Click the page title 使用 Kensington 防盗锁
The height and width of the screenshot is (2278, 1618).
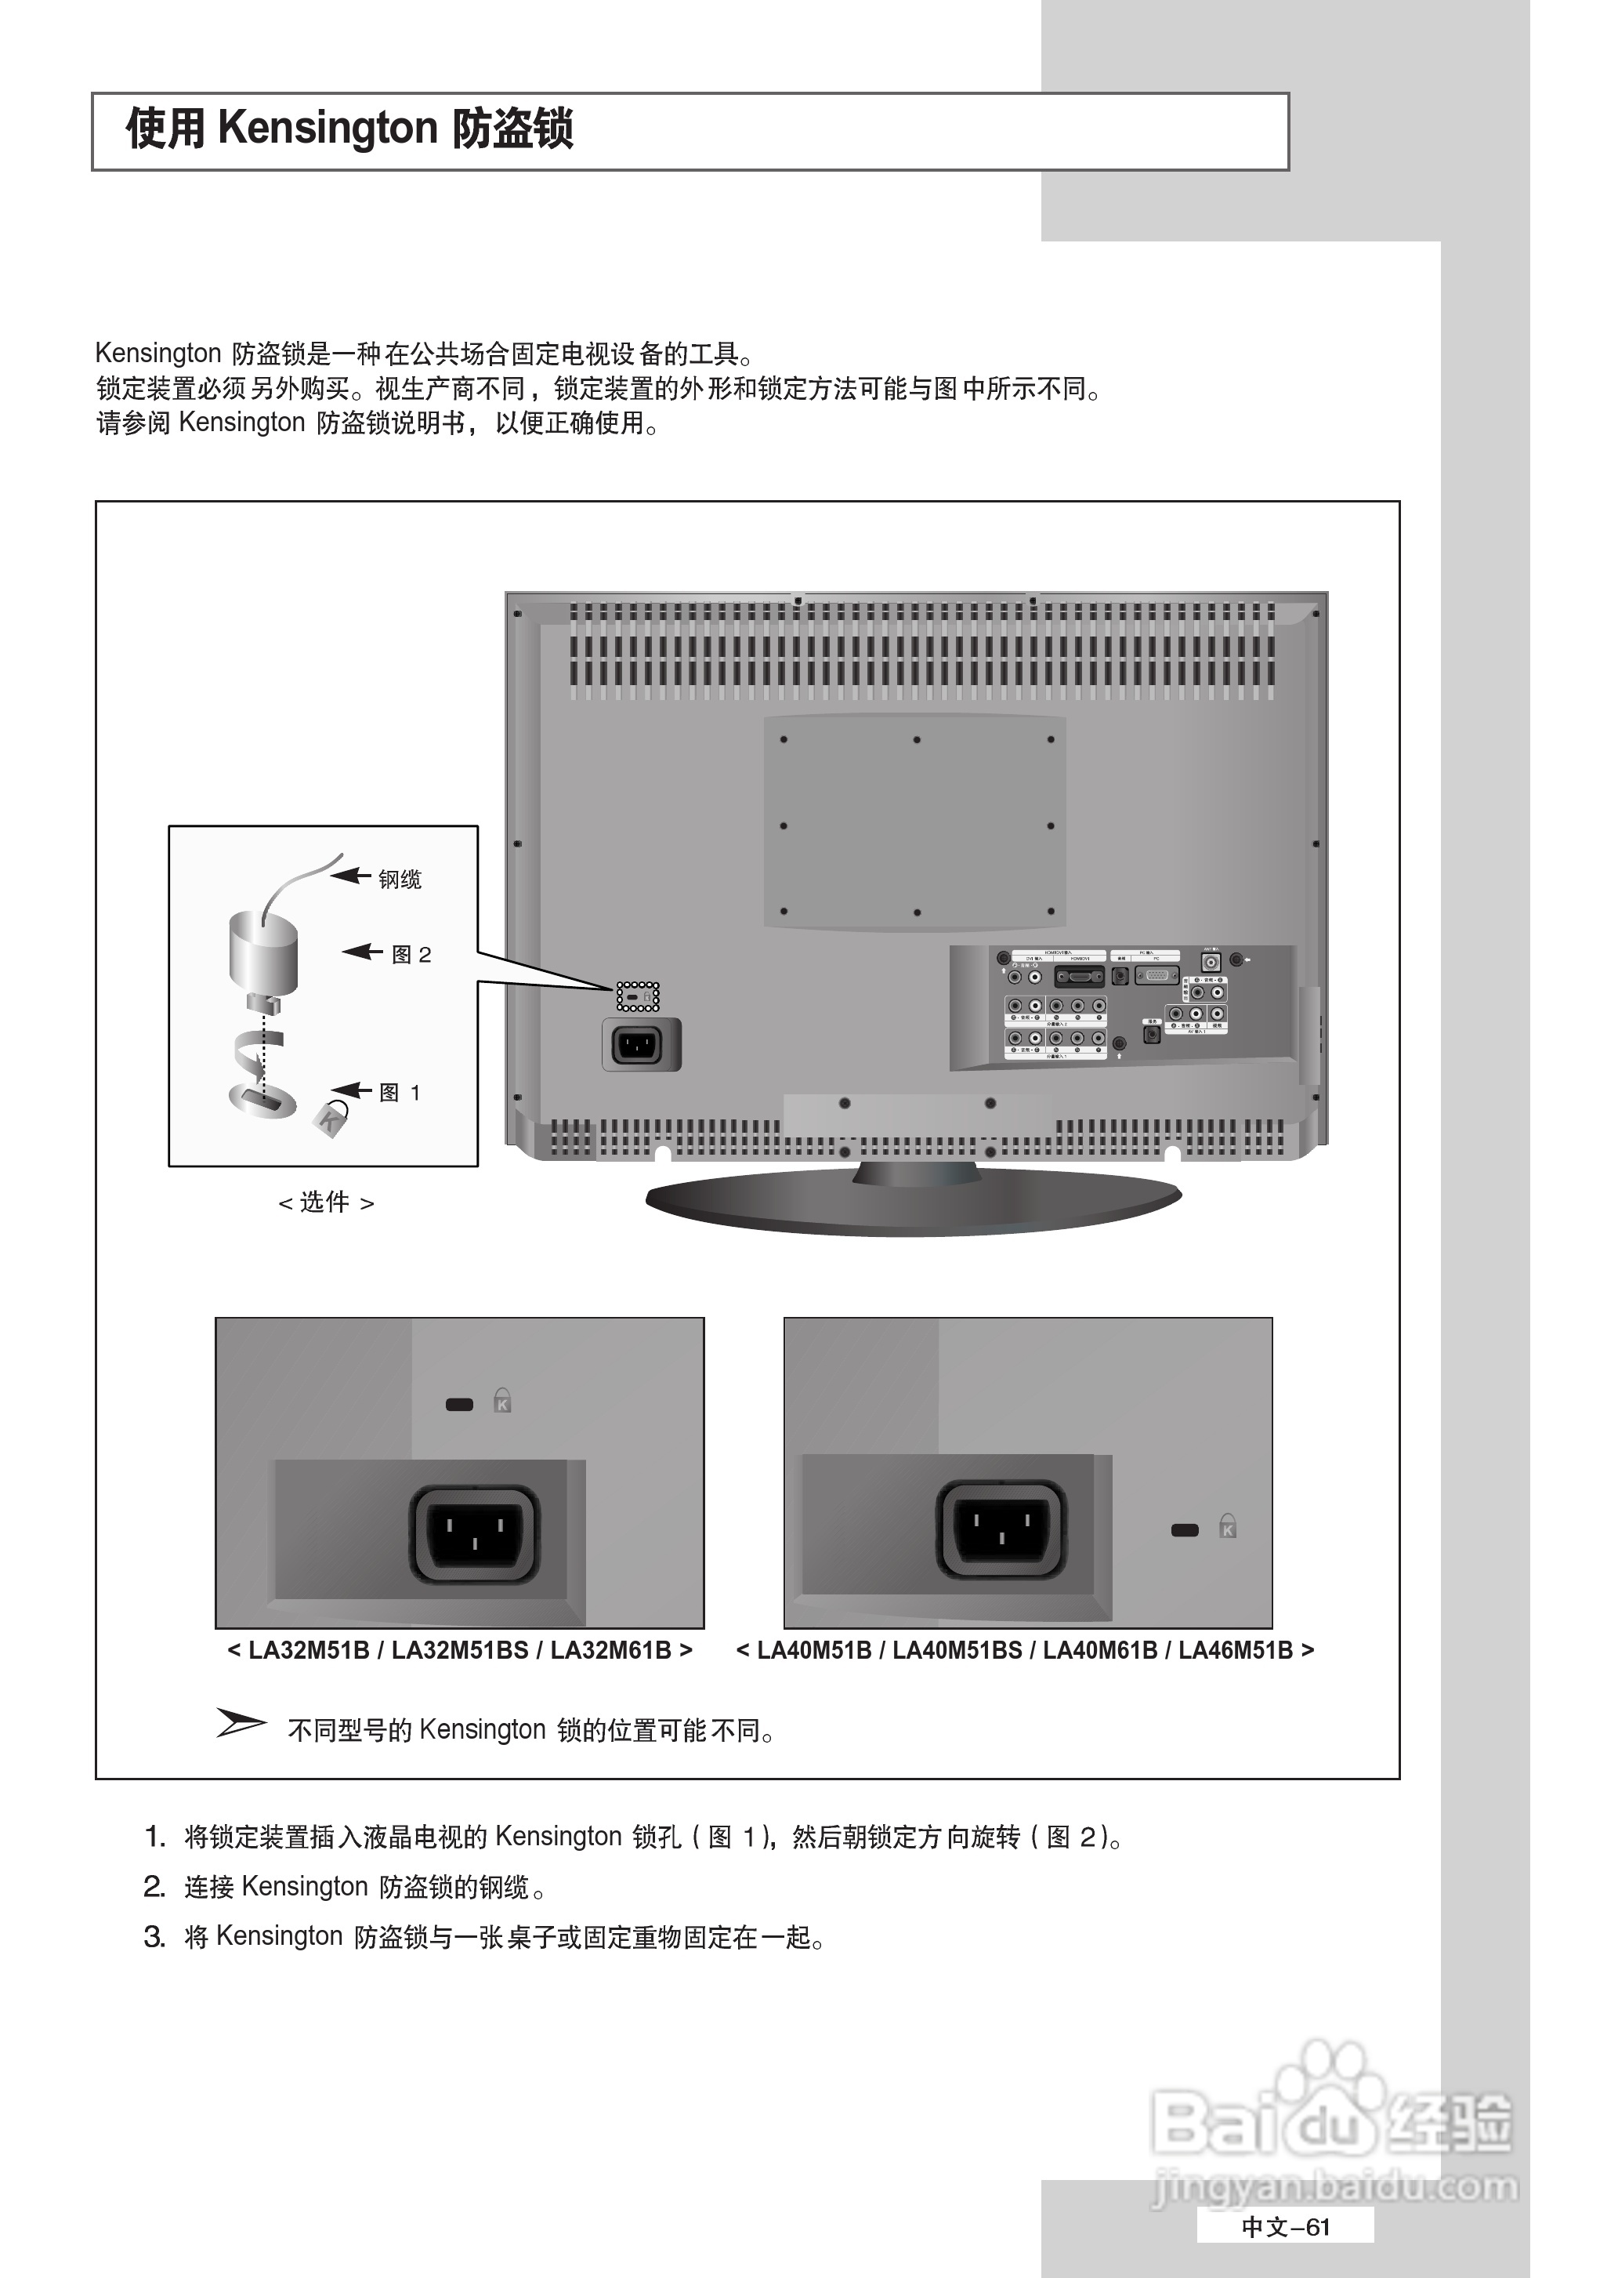pos(349,129)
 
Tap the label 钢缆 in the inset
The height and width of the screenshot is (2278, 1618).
pos(400,879)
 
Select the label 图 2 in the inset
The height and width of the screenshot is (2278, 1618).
pos(411,955)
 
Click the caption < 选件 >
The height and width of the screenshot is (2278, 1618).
pos(326,1202)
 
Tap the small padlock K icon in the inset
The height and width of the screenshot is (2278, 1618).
pos(331,1118)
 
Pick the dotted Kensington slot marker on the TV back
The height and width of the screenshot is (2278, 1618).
pos(638,996)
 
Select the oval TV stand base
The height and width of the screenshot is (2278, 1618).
pos(914,1202)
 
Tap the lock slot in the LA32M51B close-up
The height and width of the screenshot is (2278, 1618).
pos(459,1405)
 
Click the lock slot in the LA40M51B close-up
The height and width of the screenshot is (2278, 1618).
pos(1185,1529)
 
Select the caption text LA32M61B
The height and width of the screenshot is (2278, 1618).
pos(610,1650)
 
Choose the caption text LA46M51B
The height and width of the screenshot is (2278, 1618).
pos(1236,1650)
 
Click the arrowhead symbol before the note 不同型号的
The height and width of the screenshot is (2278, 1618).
pos(241,1722)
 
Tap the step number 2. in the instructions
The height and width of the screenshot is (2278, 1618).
pos(154,1886)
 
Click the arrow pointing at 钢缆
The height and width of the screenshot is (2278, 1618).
pos(351,876)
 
